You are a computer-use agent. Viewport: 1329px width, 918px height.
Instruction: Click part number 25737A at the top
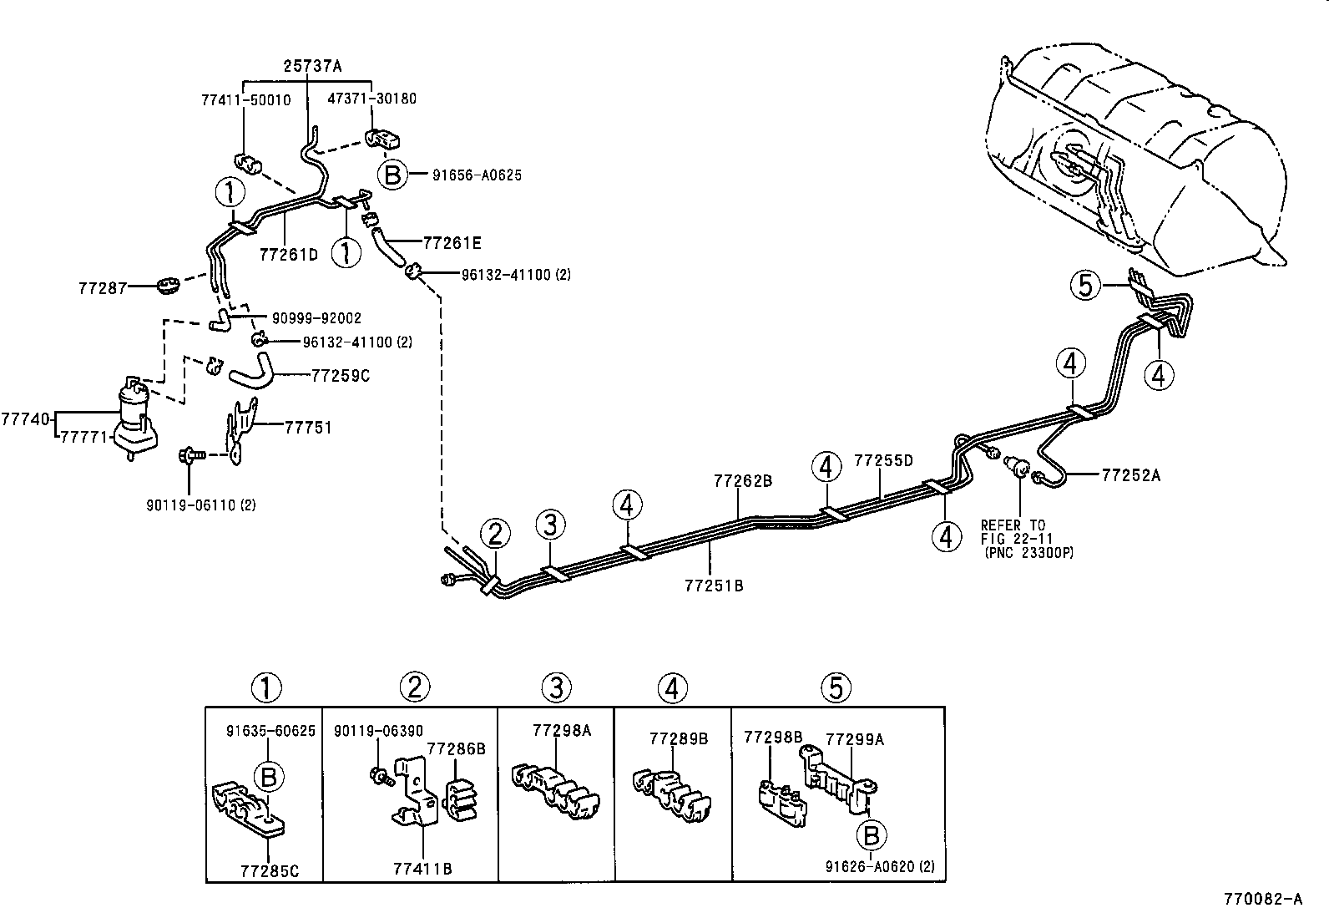click(x=312, y=65)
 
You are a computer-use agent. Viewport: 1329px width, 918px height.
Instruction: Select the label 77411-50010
click(x=245, y=99)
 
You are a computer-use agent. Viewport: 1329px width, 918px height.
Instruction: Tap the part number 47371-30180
click(x=371, y=99)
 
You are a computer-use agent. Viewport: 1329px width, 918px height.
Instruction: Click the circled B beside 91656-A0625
click(x=392, y=175)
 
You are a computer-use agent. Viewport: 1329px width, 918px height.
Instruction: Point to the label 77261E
click(x=452, y=244)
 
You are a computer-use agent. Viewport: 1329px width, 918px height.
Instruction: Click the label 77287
click(x=103, y=288)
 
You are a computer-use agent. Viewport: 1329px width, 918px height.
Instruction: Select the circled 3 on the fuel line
click(x=550, y=525)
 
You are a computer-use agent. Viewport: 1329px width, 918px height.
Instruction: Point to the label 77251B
click(x=713, y=586)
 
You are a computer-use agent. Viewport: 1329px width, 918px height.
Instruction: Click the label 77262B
click(x=742, y=481)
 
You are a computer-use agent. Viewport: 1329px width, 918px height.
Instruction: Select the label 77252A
click(x=1130, y=475)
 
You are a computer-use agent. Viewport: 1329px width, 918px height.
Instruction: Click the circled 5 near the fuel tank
click(x=1084, y=287)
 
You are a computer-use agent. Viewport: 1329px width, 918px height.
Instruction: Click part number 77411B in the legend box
click(x=422, y=869)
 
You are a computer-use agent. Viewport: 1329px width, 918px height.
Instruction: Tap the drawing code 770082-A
click(x=1262, y=900)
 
